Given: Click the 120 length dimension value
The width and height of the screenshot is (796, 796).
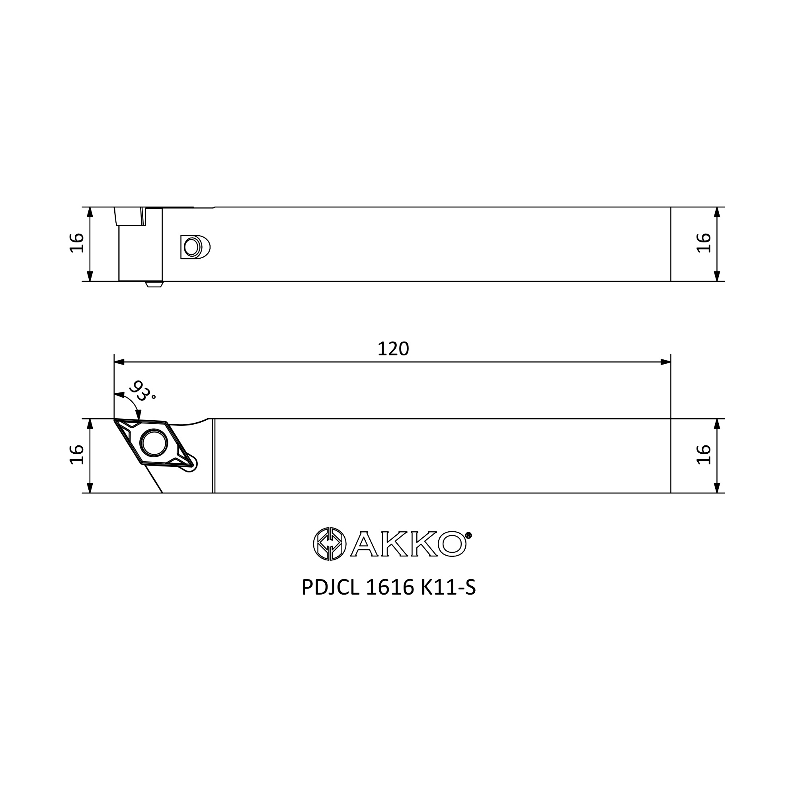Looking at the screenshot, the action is tap(393, 349).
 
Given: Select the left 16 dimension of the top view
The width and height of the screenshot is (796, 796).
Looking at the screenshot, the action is tap(77, 243).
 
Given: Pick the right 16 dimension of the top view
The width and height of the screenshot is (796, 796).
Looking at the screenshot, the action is tap(704, 243).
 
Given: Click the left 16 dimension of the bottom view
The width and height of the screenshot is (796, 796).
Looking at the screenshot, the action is tap(77, 455).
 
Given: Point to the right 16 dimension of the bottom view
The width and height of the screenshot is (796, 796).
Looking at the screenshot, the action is tap(704, 455).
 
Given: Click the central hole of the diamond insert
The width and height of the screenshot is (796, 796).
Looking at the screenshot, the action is tap(154, 443).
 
